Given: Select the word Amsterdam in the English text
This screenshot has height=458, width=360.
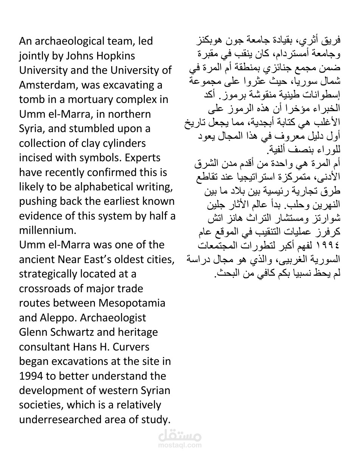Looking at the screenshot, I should tap(46, 85).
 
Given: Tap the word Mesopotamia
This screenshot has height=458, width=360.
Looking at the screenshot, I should tap(132, 303).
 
